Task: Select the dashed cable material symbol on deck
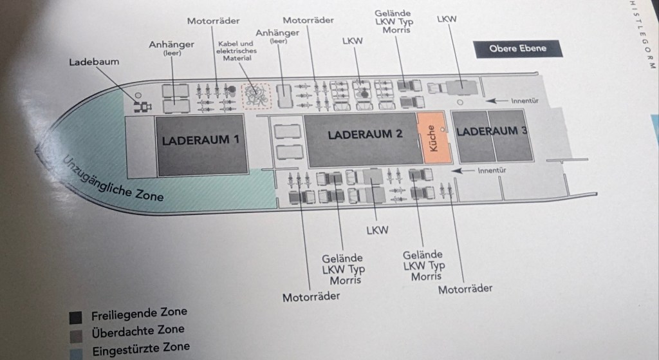[x=255, y=95]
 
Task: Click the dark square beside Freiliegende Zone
[x=75, y=317]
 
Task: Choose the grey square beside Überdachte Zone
[x=75, y=334]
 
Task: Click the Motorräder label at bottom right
[x=465, y=288]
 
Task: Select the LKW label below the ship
[x=376, y=229]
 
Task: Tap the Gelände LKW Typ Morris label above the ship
[x=393, y=22]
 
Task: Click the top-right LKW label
[x=446, y=20]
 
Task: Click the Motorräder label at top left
[x=214, y=21]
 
